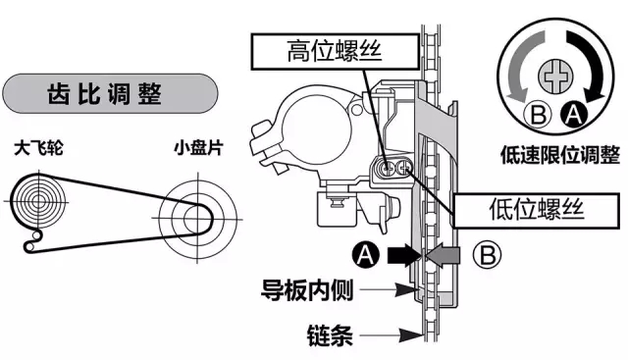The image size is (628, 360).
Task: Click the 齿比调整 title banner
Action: (109, 96)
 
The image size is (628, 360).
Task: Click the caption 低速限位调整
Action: (559, 154)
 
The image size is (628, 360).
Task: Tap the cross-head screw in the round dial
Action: (558, 74)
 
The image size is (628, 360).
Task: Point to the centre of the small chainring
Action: (197, 209)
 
